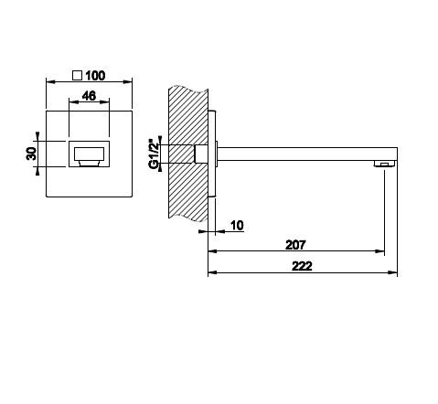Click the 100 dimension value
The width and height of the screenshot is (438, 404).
pos(95,76)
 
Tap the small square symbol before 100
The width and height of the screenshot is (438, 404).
pos(77,75)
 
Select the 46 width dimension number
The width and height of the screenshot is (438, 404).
pos(89,96)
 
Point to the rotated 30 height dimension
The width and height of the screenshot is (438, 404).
pos(31,154)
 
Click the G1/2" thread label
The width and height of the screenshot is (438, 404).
pos(154,154)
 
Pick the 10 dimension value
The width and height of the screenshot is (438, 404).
pos(237,226)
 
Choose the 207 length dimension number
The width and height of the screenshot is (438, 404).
pos(295,245)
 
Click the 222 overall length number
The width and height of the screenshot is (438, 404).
pos(302,266)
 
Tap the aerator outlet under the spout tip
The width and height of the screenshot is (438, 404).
pos(385,164)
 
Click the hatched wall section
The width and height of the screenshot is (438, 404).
pos(188,154)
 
